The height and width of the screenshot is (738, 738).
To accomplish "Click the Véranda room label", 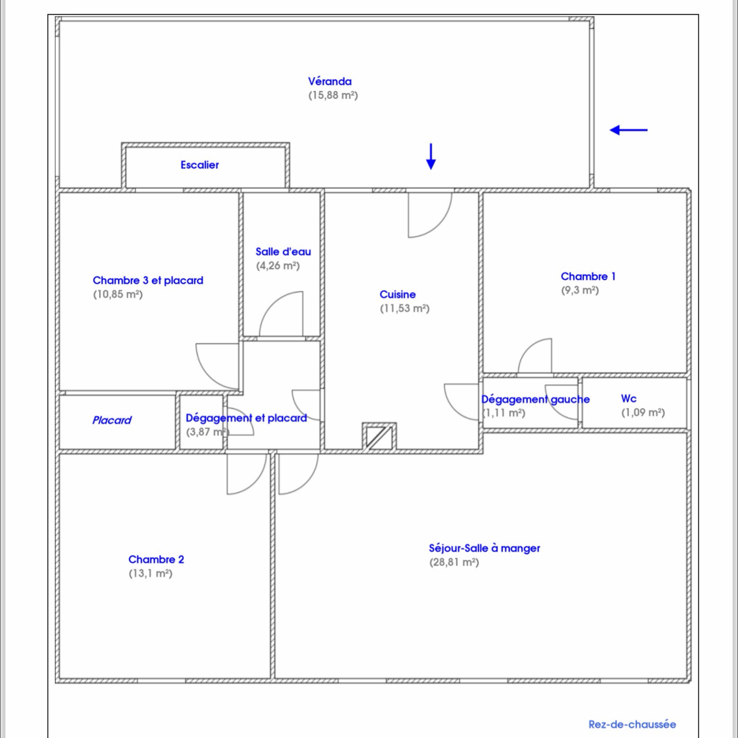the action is [x=330, y=82].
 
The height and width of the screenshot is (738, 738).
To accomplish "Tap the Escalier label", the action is [x=200, y=165].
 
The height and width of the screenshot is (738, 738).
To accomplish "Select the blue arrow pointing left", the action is [x=628, y=130].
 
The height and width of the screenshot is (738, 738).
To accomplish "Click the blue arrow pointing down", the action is [x=431, y=157].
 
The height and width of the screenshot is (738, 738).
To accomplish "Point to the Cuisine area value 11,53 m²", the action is [x=405, y=309].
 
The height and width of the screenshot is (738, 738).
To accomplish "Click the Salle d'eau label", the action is [x=283, y=252].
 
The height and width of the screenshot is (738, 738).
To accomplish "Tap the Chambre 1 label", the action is [x=588, y=276].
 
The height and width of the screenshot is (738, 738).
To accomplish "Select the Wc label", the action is [x=629, y=399].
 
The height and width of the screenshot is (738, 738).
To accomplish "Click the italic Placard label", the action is [x=112, y=420].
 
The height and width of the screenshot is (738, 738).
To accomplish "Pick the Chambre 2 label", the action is [x=156, y=559].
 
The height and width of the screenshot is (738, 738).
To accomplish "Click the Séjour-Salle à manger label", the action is [x=484, y=548].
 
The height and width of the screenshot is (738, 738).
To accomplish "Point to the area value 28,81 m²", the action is [x=454, y=563].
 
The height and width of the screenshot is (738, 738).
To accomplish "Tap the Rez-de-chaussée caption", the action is [x=632, y=724].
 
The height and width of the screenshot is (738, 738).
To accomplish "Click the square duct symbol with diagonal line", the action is [x=379, y=436].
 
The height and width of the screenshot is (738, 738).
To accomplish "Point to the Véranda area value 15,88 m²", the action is [x=333, y=95].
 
